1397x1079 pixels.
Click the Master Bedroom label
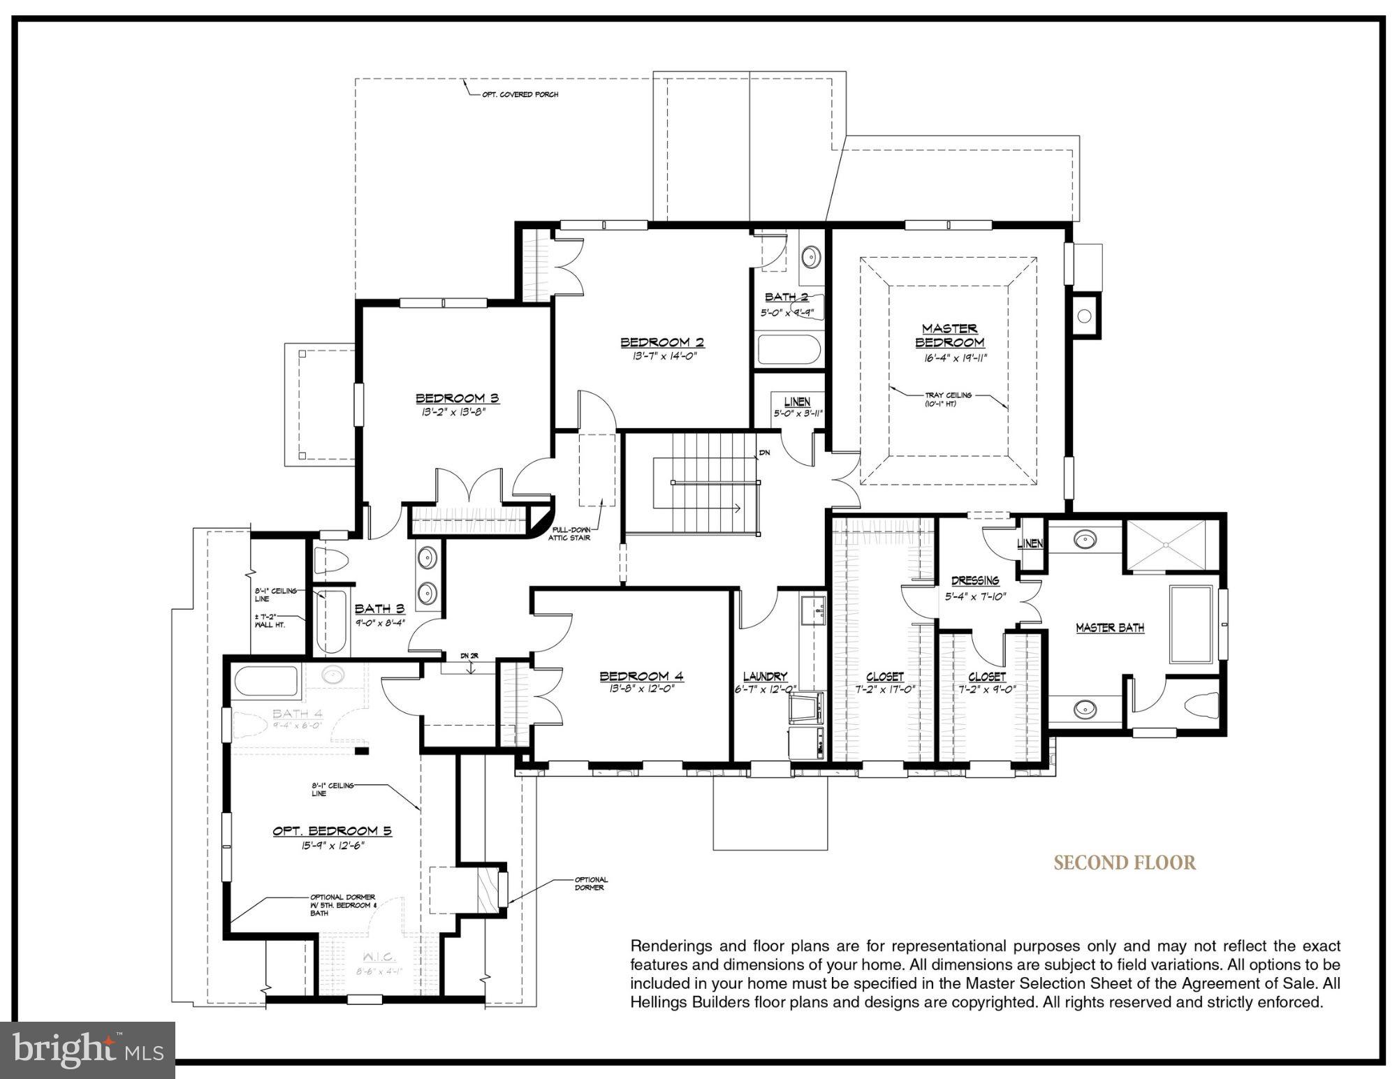[949, 335]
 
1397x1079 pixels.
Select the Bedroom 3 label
[458, 398]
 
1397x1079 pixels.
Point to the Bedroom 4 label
[641, 676]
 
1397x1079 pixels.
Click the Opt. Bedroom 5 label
[332, 830]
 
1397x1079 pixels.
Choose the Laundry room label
[765, 676]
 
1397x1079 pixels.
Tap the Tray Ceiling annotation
[948, 399]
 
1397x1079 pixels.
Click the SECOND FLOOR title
[1125, 863]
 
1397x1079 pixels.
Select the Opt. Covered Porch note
[520, 94]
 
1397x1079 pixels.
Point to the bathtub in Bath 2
[789, 350]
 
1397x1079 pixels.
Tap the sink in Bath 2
[810, 256]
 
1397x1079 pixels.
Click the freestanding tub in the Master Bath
[1191, 624]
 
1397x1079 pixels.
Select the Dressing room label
[975, 580]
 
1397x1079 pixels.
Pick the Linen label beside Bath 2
[797, 402]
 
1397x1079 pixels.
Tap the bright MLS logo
[87, 1050]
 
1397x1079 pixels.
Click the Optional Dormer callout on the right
[591, 883]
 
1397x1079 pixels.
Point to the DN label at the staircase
[764, 453]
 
